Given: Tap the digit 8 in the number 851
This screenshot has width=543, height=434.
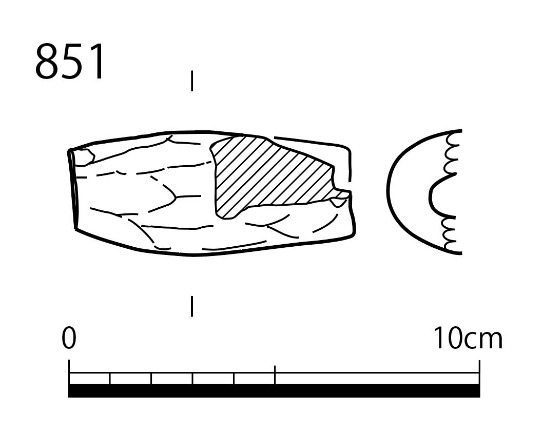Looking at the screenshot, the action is pyautogui.click(x=46, y=62).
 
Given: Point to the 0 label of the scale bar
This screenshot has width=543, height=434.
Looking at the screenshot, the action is pyautogui.click(x=69, y=338).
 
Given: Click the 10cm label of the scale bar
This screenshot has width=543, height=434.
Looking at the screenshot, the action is pyautogui.click(x=468, y=338).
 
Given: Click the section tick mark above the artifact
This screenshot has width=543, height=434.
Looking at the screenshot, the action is pyautogui.click(x=192, y=81).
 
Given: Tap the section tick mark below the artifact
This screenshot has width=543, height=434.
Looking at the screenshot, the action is pyautogui.click(x=192, y=306).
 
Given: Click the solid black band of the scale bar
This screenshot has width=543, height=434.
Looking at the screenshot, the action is pyautogui.click(x=274, y=391).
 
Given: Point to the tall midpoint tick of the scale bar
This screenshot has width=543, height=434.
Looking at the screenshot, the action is pyautogui.click(x=275, y=375).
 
